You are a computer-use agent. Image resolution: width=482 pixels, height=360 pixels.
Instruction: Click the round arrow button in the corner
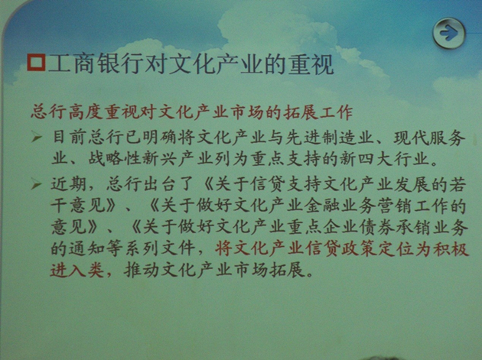[x=449, y=33]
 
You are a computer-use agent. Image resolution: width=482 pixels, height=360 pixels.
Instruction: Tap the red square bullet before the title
[x=36, y=63]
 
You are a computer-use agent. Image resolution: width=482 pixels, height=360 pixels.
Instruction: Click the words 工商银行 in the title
[x=96, y=64]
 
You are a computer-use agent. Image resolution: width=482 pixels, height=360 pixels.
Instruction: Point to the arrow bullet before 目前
[x=36, y=137]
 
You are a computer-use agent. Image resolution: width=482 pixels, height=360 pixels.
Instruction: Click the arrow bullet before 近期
[x=36, y=185]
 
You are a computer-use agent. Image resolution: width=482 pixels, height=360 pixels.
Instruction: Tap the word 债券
[x=378, y=228]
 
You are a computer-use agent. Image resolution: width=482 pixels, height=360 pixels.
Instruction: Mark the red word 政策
[x=360, y=248]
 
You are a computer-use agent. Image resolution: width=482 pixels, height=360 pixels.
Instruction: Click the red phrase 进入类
[x=77, y=271]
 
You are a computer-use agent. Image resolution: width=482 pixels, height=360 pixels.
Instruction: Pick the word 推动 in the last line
[x=142, y=271]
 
